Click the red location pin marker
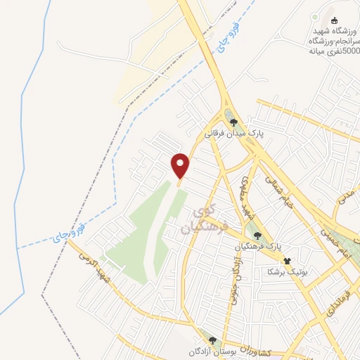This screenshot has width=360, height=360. click(x=181, y=166)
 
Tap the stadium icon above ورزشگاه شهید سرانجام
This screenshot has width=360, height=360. click(x=334, y=20)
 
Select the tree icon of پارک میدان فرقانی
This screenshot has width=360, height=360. click(x=233, y=122)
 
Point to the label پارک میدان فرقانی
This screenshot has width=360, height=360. click(x=233, y=132)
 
